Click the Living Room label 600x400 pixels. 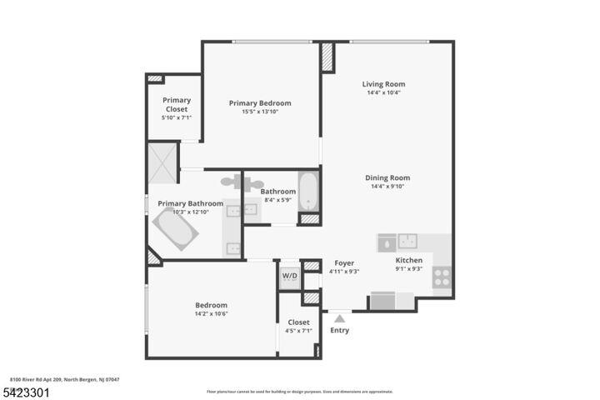click(383, 84)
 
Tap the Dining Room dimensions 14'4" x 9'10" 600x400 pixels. click(387, 187)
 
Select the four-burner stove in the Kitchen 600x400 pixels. click(442, 277)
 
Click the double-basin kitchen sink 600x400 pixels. click(407, 242)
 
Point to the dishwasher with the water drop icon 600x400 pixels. click(386, 242)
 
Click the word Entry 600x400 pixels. click(339, 330)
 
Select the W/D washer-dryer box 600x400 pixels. click(289, 276)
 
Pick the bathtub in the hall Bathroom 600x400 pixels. click(308, 192)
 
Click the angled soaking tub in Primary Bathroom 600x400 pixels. click(176, 228)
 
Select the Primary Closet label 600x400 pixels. click(176, 104)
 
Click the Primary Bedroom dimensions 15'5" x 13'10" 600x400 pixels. click(260, 112)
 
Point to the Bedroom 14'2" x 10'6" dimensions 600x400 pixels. click(211, 314)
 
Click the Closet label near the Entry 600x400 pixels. click(298, 322)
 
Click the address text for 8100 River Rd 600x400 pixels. click(64, 379)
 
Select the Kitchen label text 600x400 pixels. click(409, 260)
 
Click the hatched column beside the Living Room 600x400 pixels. click(327, 57)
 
